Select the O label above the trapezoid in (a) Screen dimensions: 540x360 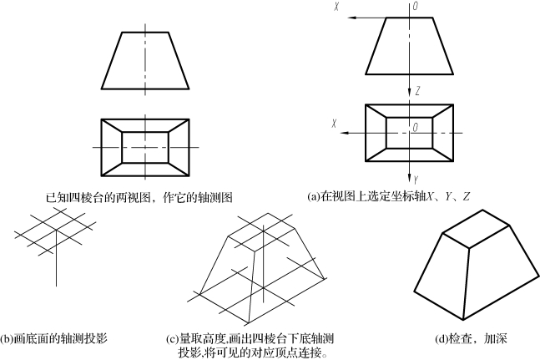tap(414, 6)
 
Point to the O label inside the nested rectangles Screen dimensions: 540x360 tap(414, 126)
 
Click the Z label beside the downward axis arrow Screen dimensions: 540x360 tap(419, 89)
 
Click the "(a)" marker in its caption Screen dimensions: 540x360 tap(314, 197)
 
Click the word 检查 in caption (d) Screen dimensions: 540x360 tap(462, 339)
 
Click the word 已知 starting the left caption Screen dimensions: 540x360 tap(56, 198)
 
